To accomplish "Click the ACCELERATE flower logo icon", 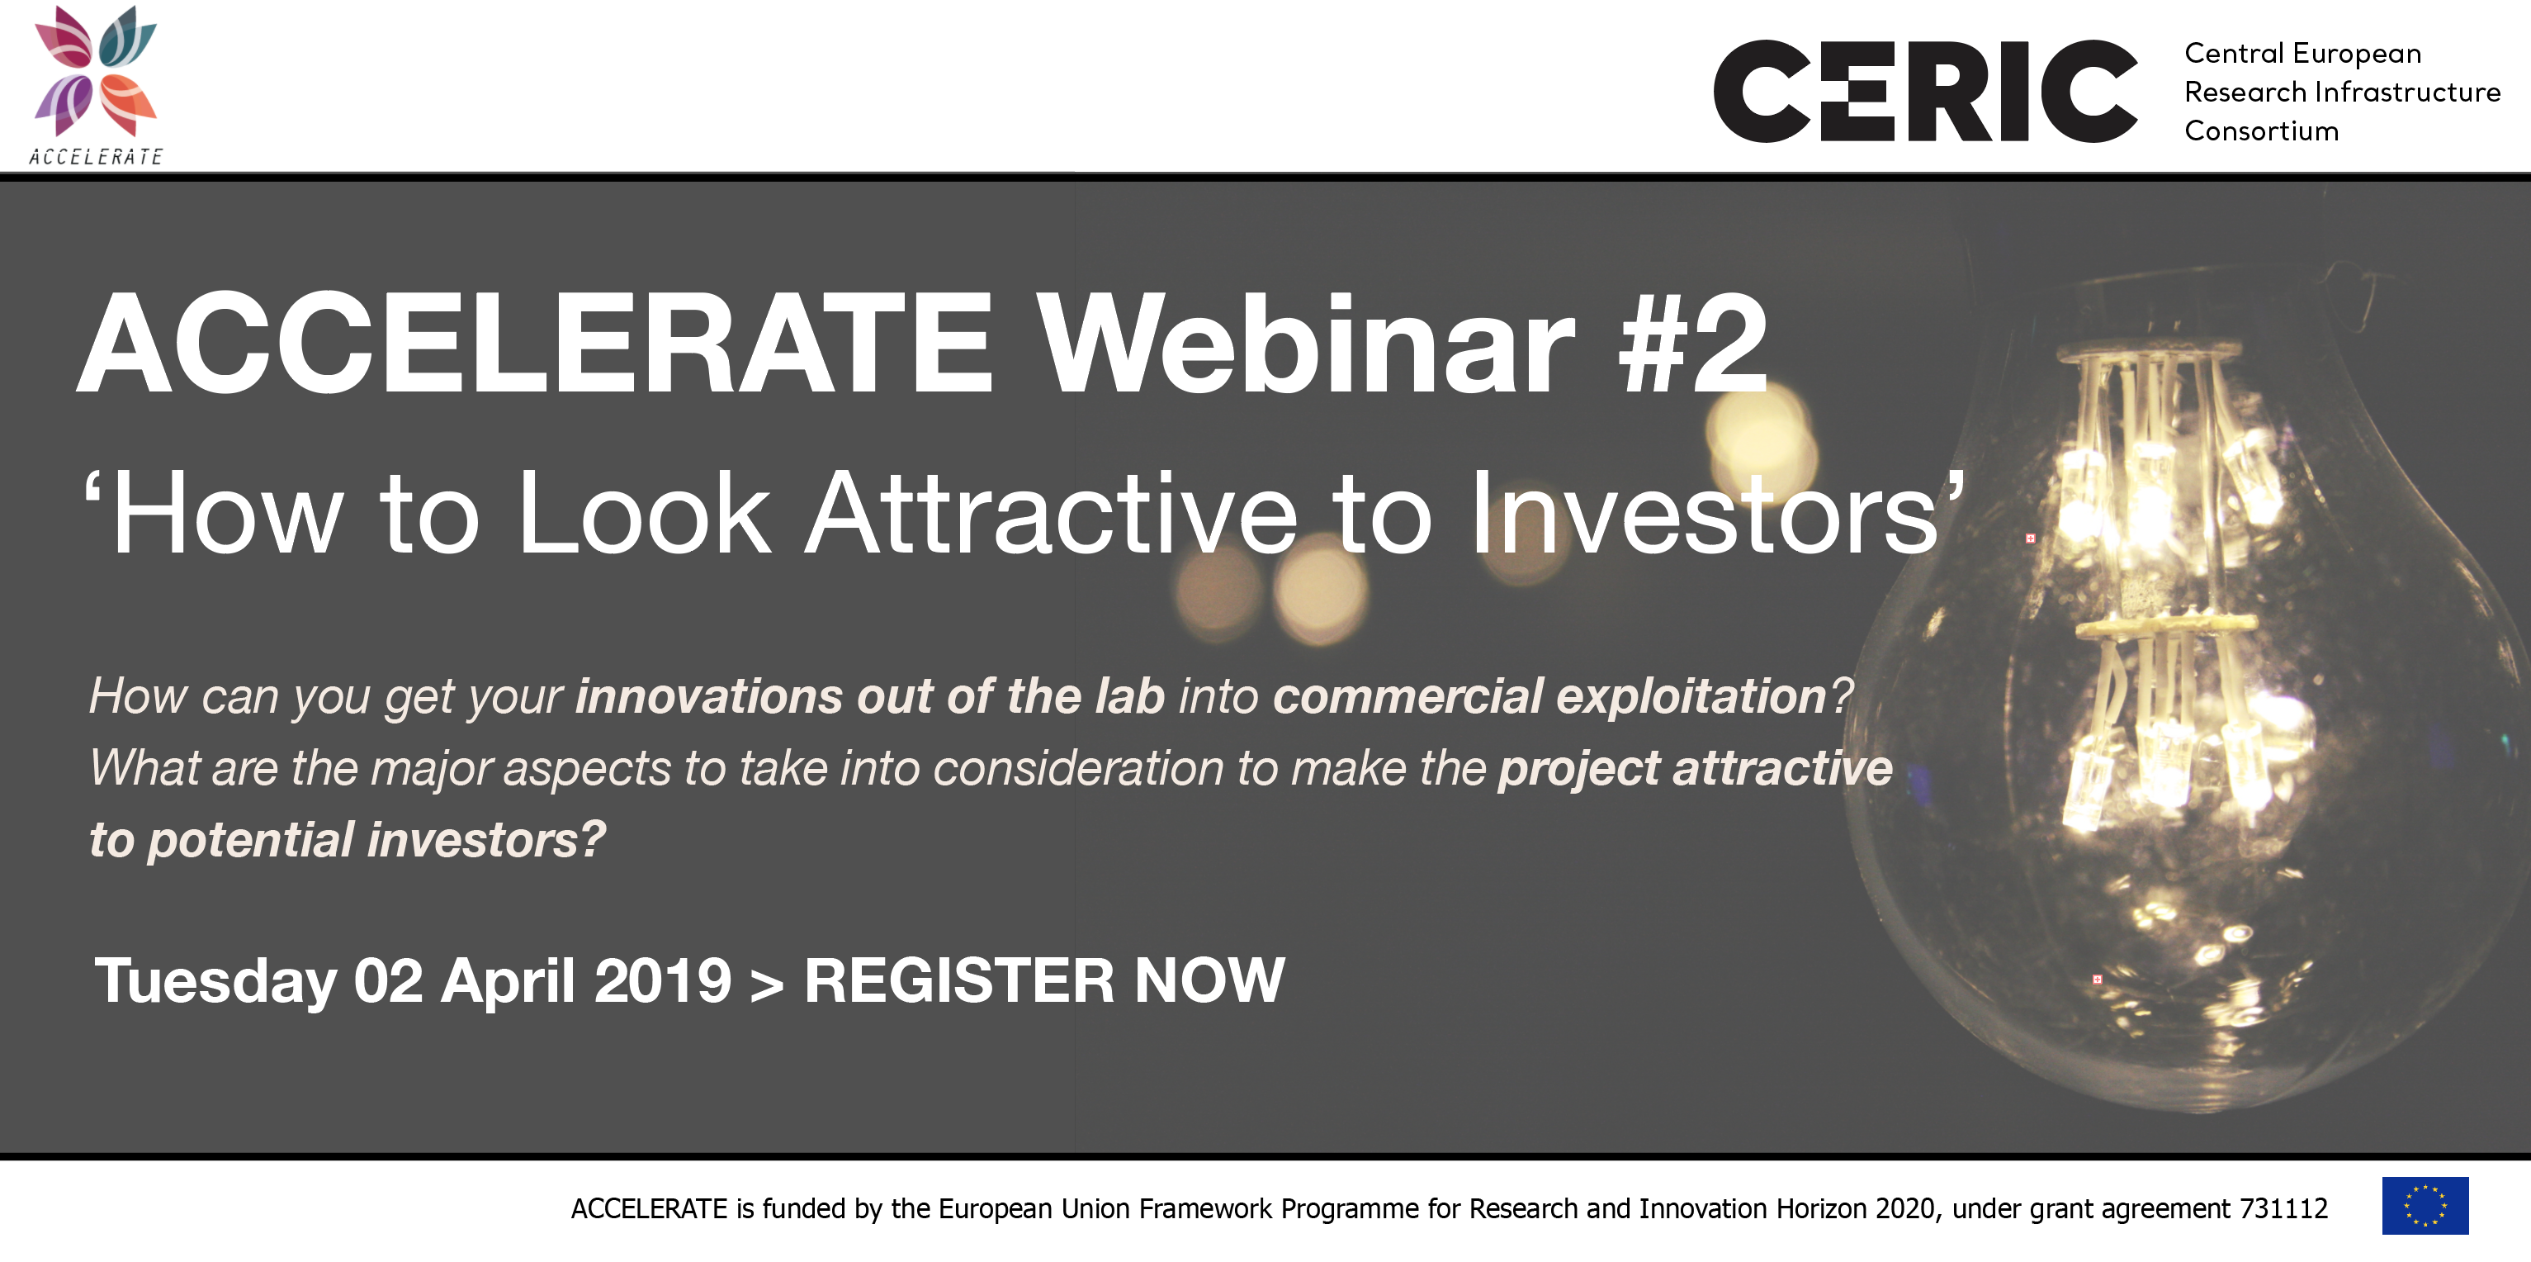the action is click(x=95, y=71).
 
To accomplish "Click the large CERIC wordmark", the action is click(x=1925, y=92).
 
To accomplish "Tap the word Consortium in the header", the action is click(x=2261, y=130).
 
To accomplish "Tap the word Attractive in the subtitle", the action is click(x=1053, y=512).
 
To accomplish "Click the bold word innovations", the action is click(x=708, y=696).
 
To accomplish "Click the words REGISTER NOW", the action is click(x=1044, y=980).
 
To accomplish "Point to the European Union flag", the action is click(x=2425, y=1205).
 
